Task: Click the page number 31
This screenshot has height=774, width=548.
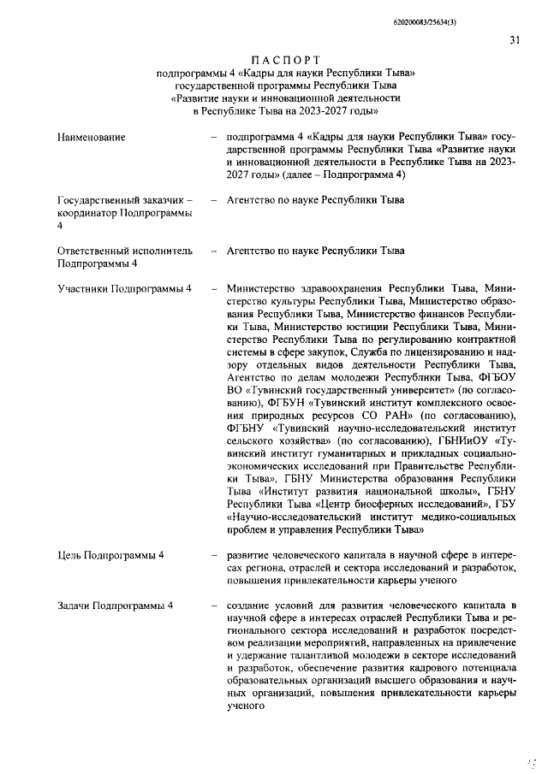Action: (514, 38)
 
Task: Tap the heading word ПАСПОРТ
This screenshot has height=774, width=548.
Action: (286, 59)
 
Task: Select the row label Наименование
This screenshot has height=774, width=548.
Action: (91, 137)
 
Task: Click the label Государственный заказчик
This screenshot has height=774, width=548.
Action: (123, 200)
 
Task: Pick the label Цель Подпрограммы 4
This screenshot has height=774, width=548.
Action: (110, 556)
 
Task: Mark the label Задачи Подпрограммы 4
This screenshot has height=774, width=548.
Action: (115, 606)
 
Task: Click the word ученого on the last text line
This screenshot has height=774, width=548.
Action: (247, 706)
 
